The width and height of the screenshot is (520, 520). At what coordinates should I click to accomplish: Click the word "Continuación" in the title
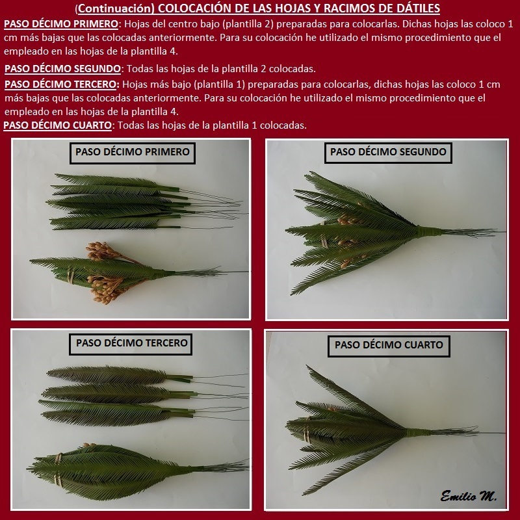116,8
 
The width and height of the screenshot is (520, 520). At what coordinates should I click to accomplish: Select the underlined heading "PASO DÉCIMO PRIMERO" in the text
61,24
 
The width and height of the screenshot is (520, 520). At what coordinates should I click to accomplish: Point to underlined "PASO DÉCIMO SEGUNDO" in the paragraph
62,69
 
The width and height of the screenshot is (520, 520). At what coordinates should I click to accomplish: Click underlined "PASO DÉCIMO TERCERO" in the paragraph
61,84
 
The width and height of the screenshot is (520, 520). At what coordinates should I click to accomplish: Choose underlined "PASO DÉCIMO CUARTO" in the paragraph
58,125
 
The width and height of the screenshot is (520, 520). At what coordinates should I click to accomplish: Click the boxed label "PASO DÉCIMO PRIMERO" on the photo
133,153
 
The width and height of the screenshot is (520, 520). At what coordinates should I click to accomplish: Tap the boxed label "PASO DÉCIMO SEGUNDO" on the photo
388,153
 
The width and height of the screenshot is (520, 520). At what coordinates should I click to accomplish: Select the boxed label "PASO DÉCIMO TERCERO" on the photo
131,344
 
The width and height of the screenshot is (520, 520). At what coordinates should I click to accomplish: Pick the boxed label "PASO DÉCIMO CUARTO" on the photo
389,346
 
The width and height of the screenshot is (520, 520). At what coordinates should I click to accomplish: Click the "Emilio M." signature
469,496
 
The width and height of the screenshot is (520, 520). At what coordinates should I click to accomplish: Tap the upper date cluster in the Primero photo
102,251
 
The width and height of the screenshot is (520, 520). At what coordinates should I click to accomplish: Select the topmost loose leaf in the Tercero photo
120,375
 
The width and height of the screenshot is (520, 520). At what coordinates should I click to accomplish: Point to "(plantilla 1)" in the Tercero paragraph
220,84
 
